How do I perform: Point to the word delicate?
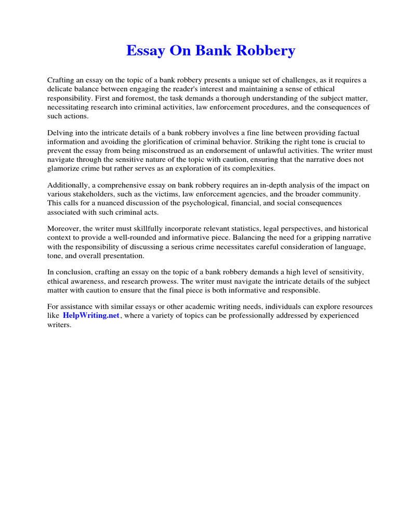coord(61,89)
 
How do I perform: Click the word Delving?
coord(61,133)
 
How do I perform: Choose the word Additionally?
coord(68,185)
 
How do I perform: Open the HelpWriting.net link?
coord(91,315)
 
